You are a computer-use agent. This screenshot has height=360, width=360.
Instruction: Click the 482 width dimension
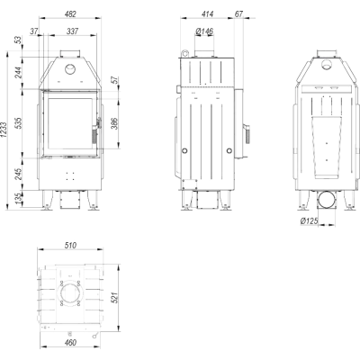pos(70,13)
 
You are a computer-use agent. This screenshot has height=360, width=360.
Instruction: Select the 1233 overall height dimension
pos(4,130)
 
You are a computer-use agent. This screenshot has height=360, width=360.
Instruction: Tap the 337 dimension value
pos(72,31)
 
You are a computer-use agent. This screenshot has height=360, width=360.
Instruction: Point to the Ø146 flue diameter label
pos(204,31)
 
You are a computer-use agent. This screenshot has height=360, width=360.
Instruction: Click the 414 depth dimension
pos(207,13)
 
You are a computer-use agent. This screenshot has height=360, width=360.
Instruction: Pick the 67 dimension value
pos(238,13)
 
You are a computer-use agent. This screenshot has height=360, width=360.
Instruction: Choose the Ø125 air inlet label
pos(309,221)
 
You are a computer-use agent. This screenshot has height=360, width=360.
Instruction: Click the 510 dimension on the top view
pos(70,246)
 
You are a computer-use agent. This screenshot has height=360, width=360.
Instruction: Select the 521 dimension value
pos(115,297)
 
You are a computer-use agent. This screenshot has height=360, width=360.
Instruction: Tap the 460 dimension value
pos(70,342)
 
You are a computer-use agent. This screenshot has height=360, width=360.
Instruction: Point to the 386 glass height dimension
pos(115,123)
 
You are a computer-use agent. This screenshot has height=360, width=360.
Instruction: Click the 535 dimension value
pos(19,123)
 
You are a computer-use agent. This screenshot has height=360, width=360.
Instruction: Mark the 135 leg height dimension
pos(19,199)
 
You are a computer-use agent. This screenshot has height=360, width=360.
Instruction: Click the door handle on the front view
pos(95,131)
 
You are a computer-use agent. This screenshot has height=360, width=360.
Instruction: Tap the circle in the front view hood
pos(70,69)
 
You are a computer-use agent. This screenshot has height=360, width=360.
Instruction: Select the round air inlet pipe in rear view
pos(327,200)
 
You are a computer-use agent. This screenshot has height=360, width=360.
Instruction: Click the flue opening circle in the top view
pos(70,293)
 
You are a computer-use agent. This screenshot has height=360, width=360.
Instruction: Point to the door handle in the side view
pos(247,133)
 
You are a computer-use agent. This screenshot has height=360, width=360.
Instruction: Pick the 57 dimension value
pos(115,80)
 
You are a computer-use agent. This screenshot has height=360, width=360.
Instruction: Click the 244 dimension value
pos(19,72)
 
